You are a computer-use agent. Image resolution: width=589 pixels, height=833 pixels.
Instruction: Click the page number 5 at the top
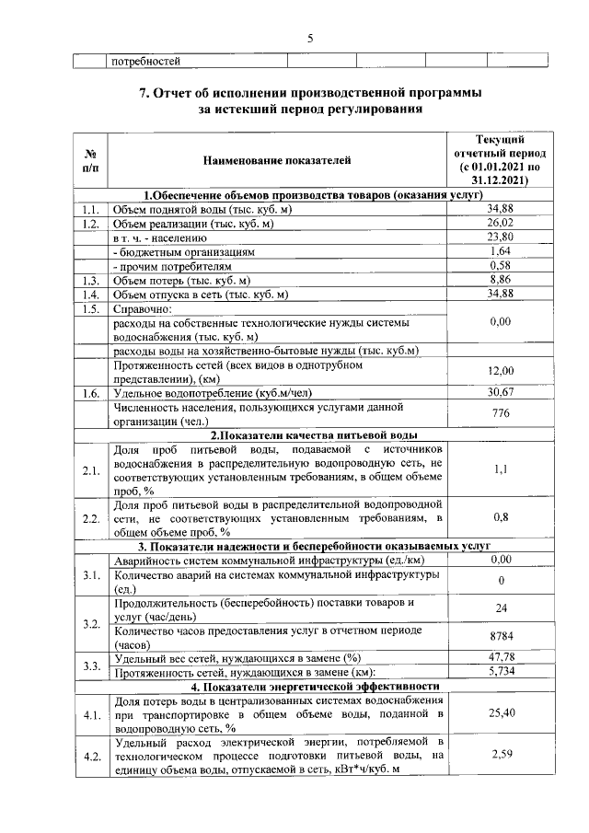310,39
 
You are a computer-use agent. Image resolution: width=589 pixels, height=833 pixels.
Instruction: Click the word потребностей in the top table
145,62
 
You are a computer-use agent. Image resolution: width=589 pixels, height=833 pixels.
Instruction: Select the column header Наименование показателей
277,161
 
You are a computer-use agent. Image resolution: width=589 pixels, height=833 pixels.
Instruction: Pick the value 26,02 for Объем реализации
500,223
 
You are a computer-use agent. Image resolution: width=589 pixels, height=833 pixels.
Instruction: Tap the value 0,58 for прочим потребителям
500,265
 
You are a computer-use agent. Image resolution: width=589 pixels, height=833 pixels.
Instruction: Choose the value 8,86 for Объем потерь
500,280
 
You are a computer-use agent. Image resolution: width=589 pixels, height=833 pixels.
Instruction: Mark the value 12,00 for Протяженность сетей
500,370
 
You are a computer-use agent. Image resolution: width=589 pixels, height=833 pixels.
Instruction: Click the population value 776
501,413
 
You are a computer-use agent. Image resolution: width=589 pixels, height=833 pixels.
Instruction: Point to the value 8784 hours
501,637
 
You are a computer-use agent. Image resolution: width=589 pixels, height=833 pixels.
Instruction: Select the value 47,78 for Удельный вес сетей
500,657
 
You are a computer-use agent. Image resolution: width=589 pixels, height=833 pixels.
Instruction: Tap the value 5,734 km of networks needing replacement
500,672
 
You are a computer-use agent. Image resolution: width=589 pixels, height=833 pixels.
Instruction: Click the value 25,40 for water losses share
500,712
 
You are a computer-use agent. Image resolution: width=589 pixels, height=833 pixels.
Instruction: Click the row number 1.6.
90,393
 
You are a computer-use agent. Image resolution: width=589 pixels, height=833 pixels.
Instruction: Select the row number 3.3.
90,665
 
